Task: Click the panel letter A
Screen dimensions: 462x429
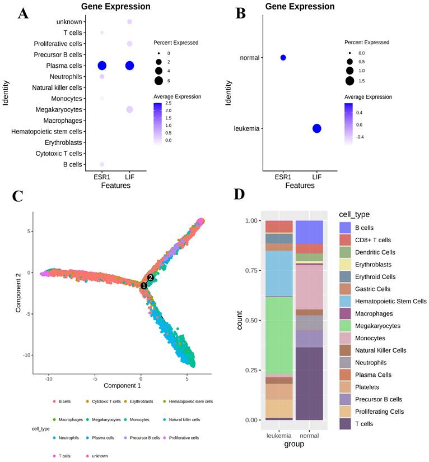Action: coord(23,13)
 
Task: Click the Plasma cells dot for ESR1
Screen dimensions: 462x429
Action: coord(102,66)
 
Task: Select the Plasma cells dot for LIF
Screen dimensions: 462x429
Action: coord(129,66)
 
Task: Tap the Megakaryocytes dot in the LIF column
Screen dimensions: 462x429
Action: coord(129,109)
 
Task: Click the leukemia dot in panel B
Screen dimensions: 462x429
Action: coord(316,128)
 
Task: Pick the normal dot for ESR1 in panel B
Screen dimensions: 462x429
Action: coord(283,58)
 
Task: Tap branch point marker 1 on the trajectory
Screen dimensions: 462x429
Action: coord(144,285)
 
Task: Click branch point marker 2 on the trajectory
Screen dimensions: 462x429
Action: coord(150,278)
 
